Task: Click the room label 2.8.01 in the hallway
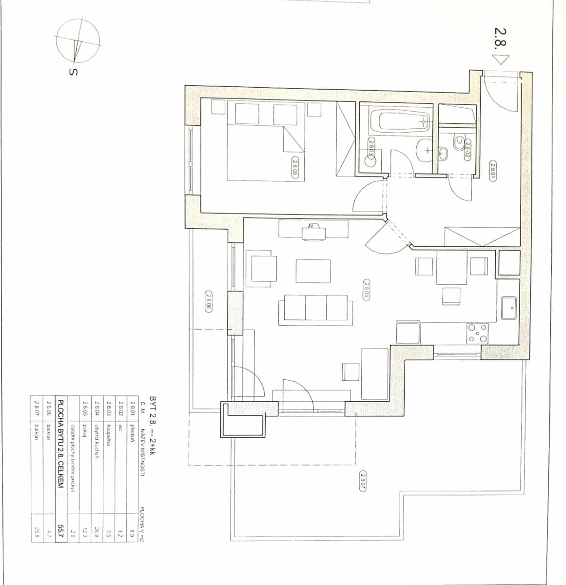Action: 492,171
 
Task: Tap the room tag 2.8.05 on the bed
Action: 295,167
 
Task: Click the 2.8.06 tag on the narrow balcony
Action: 208,301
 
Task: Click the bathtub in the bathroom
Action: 400,121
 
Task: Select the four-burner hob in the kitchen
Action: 477,334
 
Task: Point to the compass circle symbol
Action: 77,41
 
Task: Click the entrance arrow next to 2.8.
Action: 500,60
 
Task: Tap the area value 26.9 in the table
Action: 96,532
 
